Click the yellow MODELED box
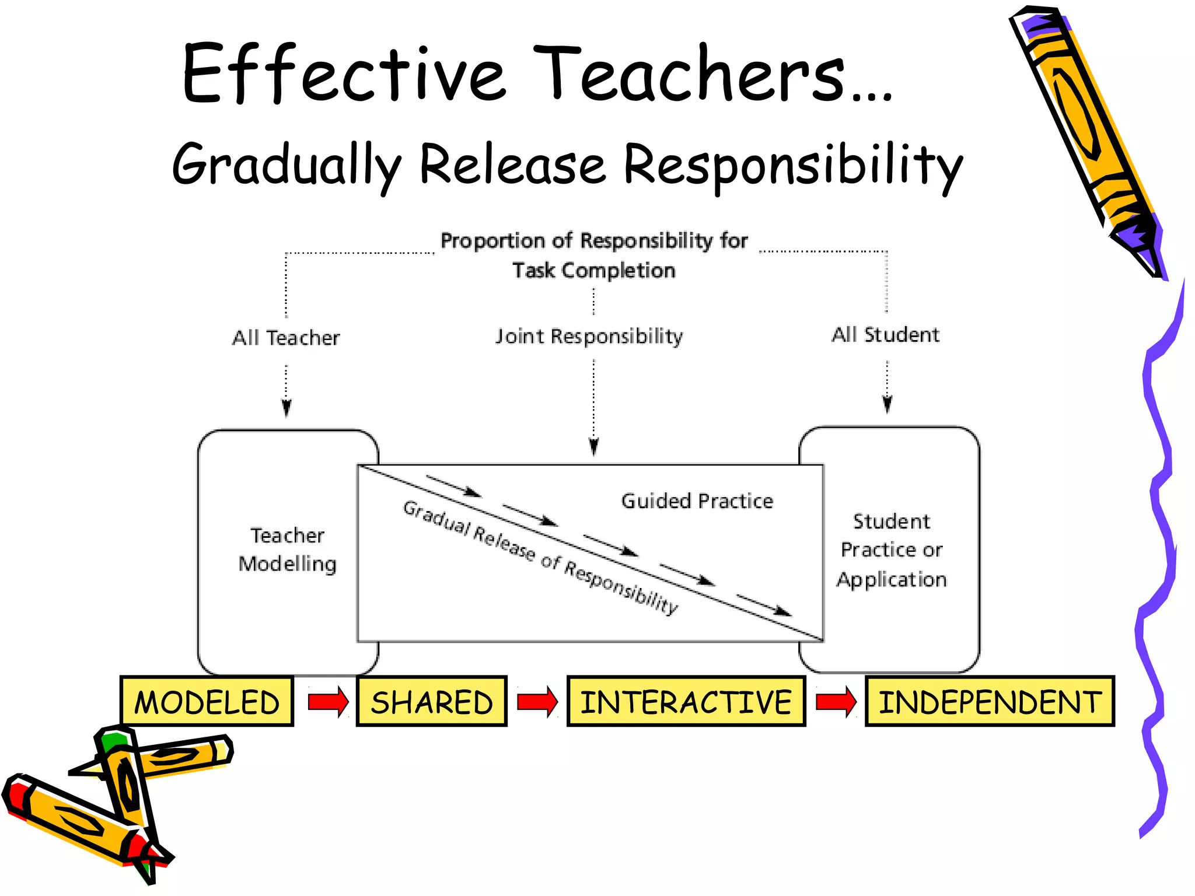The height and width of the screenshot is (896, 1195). point(207,701)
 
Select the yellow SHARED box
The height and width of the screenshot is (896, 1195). point(432,701)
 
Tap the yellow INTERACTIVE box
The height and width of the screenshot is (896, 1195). point(686,701)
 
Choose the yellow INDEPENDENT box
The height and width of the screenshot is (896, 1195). point(990,701)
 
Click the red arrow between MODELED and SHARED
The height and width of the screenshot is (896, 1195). point(328,701)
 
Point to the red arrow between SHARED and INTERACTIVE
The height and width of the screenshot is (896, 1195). point(537,701)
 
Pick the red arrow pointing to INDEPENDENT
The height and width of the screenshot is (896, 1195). point(836,701)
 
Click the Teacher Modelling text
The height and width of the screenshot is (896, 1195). point(287,549)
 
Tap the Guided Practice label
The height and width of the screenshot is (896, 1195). point(697,501)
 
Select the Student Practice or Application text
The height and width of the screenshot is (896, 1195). point(891,550)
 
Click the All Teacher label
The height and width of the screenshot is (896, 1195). point(286,338)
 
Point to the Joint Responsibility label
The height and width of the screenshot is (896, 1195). point(589,337)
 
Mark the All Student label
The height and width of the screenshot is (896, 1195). point(885,335)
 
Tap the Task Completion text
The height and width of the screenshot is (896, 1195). point(593,271)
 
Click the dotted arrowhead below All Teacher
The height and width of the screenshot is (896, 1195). point(286,408)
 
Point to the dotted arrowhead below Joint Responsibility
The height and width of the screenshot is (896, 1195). point(594,447)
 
